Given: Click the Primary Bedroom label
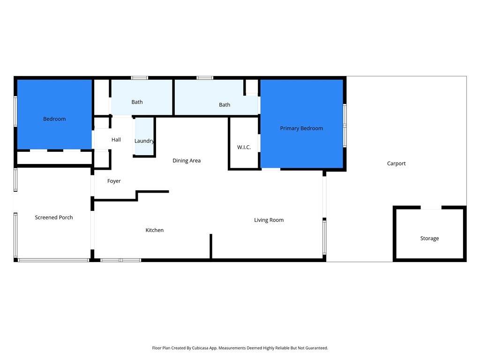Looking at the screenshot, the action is (x=301, y=128).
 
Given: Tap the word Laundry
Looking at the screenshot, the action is (x=144, y=141).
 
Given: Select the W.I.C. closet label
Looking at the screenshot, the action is (x=244, y=147).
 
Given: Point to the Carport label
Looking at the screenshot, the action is (x=396, y=164).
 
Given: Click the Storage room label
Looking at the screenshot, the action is (x=429, y=238).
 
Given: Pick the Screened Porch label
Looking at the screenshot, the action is (x=54, y=217).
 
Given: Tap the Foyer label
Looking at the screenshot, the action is (x=114, y=181).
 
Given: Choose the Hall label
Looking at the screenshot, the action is (x=116, y=140).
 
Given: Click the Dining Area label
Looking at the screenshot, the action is (x=187, y=161).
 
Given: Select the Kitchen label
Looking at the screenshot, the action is (x=154, y=230).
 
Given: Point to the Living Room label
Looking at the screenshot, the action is (x=269, y=220).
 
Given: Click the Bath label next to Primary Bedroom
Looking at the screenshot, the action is (x=225, y=105).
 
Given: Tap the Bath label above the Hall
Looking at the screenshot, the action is (x=137, y=102).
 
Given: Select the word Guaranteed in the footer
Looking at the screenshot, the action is (x=317, y=348).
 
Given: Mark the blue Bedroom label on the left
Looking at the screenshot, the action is (x=54, y=119).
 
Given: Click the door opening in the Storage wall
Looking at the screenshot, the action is (x=431, y=208).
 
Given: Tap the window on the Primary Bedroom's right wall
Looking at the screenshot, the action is (x=345, y=125).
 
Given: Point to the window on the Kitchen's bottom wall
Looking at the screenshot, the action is (x=120, y=260).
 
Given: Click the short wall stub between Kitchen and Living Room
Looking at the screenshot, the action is (x=210, y=247).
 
